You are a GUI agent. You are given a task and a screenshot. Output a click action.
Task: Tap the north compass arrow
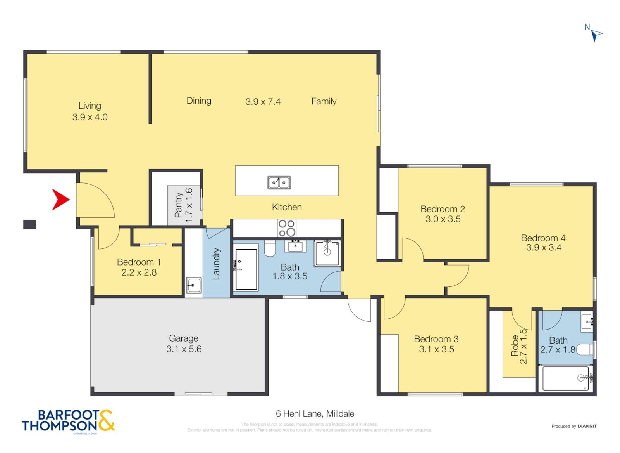point(596,35)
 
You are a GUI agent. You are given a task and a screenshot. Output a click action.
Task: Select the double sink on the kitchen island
point(279,182)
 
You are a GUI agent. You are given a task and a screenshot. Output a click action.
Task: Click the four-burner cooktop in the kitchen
point(287,228)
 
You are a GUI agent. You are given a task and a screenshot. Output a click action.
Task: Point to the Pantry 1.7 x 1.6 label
point(183,205)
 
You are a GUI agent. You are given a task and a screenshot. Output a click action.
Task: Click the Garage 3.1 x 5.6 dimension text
point(184,344)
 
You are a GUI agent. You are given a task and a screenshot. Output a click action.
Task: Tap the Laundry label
point(216,264)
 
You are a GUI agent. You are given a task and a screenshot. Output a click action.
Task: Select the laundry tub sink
point(193,285)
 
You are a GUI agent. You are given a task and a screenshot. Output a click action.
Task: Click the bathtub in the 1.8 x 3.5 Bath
point(246,269)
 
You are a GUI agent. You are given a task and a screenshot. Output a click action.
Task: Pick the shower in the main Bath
point(327,253)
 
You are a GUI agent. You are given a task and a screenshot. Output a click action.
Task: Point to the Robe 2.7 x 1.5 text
point(519,346)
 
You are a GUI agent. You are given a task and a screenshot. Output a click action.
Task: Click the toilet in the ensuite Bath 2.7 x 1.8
point(585,349)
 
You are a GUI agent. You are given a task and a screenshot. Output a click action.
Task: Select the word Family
point(324,101)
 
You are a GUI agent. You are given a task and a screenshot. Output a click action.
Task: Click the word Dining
point(199,101)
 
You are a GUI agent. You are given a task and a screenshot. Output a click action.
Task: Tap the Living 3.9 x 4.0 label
point(90,111)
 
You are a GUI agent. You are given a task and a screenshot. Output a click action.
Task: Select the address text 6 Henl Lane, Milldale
point(315,414)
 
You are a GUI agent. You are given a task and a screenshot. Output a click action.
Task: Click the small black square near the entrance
point(30,224)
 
